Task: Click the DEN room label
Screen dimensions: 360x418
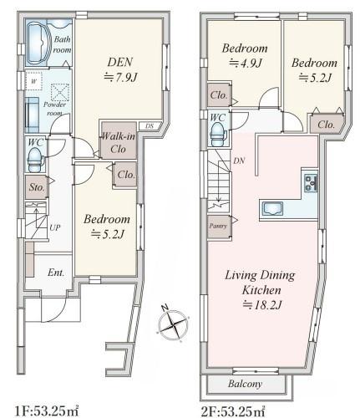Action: click(120, 62)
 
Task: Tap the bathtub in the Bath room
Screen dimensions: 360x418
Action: click(36, 43)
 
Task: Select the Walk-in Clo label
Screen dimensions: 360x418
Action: click(119, 142)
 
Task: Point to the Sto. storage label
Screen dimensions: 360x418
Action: click(37, 187)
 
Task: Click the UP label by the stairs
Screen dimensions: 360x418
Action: click(55, 227)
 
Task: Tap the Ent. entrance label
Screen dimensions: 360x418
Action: click(56, 273)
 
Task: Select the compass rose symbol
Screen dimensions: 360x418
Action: click(173, 324)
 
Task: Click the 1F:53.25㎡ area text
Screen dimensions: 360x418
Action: click(46, 411)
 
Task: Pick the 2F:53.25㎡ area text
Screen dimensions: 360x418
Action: click(233, 411)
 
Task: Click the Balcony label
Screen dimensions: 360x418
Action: click(245, 384)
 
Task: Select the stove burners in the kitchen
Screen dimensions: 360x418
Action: click(311, 183)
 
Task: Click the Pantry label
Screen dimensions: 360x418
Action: click(218, 226)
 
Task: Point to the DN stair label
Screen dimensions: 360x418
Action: click(239, 161)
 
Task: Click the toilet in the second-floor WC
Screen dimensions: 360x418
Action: click(218, 135)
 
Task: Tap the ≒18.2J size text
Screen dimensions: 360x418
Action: click(262, 305)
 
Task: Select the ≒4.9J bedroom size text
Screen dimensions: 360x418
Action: click(245, 63)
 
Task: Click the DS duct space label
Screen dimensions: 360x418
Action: click(150, 126)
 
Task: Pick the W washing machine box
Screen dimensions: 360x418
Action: click(33, 81)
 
